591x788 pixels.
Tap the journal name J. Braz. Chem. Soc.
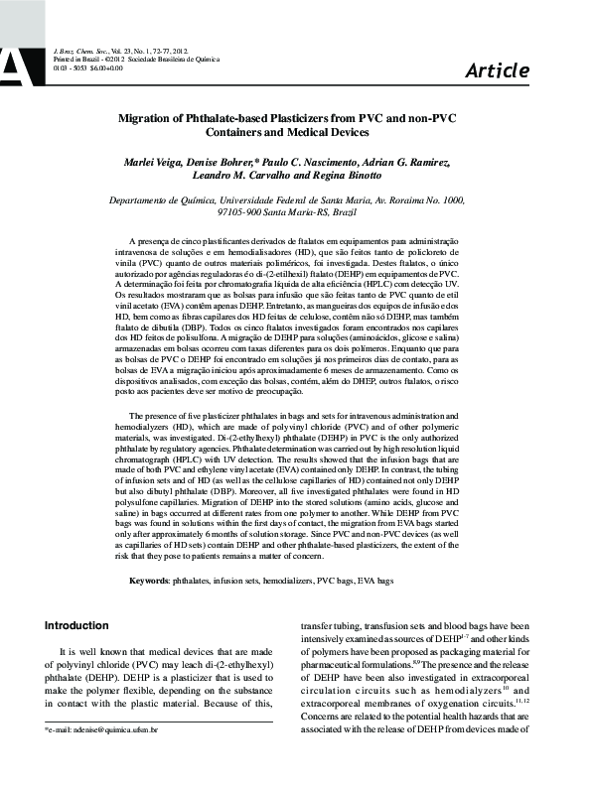[80, 49]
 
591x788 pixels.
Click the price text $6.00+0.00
[105, 67]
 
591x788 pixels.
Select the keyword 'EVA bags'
[374, 579]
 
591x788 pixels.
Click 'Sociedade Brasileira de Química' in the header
[178, 59]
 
